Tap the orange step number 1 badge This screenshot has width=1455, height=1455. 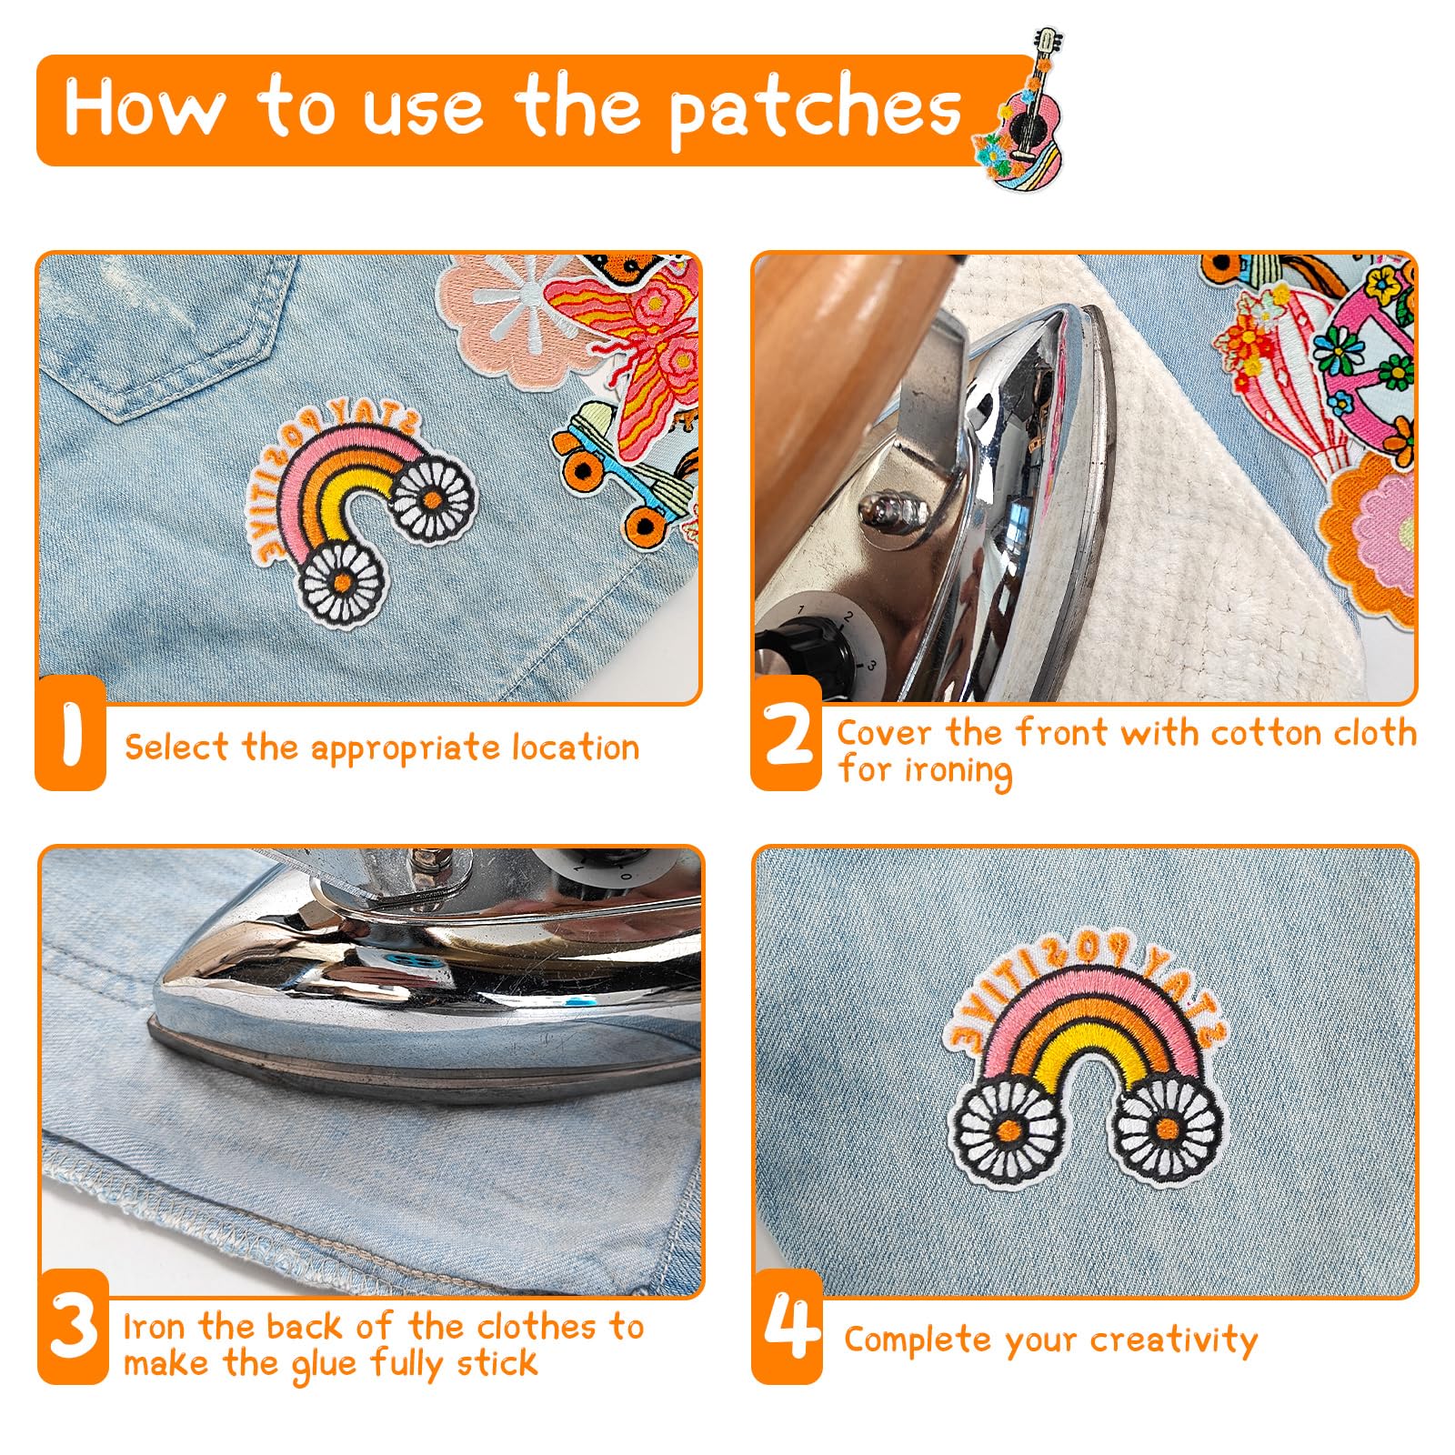click(x=71, y=732)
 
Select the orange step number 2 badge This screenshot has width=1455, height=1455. click(x=786, y=733)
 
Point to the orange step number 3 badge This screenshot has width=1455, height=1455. click(x=73, y=1327)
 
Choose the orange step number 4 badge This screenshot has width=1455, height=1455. click(x=788, y=1327)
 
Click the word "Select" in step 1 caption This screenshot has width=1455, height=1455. click(x=176, y=748)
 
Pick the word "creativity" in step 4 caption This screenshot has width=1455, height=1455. click(x=1174, y=1340)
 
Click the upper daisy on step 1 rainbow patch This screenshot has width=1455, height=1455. click(x=433, y=499)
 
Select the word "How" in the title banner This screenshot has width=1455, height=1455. click(x=144, y=107)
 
